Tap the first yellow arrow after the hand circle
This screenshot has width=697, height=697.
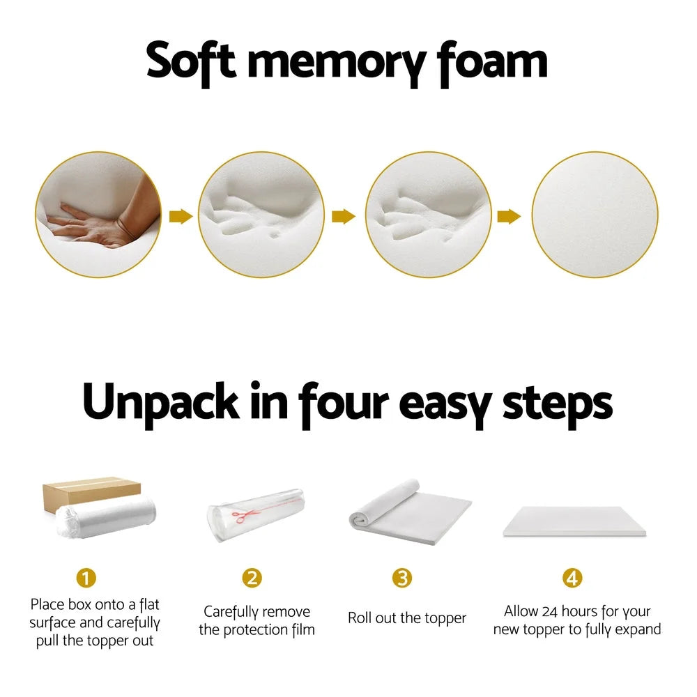click(x=181, y=216)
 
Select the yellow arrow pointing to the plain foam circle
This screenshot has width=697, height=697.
click(x=509, y=217)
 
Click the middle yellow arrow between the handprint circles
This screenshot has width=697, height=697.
click(x=344, y=217)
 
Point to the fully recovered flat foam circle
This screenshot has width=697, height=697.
click(x=595, y=215)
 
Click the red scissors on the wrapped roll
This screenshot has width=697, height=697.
click(x=241, y=516)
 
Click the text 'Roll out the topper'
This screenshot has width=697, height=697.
click(x=407, y=618)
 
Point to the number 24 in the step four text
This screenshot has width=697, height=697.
click(x=555, y=611)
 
